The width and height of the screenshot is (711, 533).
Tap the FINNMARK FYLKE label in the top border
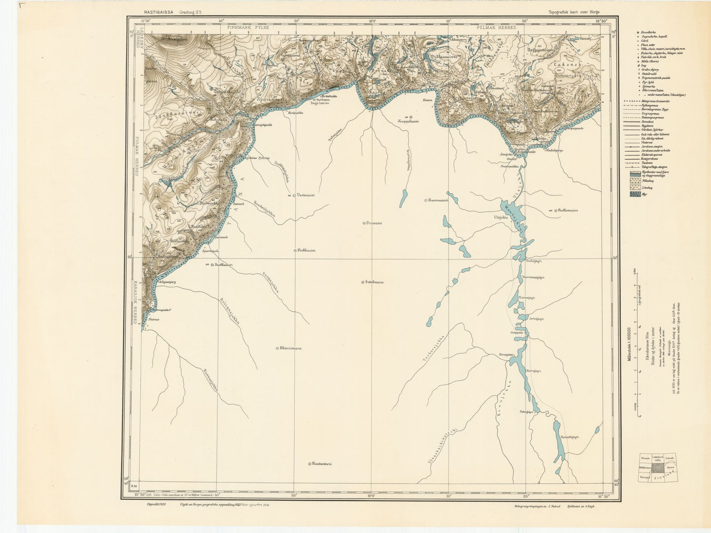click(248, 28)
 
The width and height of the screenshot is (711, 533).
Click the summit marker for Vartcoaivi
click(294, 195)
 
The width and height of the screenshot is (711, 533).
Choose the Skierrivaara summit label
click(290, 348)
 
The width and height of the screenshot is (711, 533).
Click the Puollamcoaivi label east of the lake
click(567, 211)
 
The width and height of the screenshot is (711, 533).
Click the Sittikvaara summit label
click(374, 282)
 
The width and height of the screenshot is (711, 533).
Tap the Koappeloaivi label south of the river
click(408, 121)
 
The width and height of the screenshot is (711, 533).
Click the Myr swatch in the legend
click(636, 194)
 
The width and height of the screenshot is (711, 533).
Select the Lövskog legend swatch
click(636, 188)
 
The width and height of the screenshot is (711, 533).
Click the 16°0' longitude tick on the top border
click(372, 21)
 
